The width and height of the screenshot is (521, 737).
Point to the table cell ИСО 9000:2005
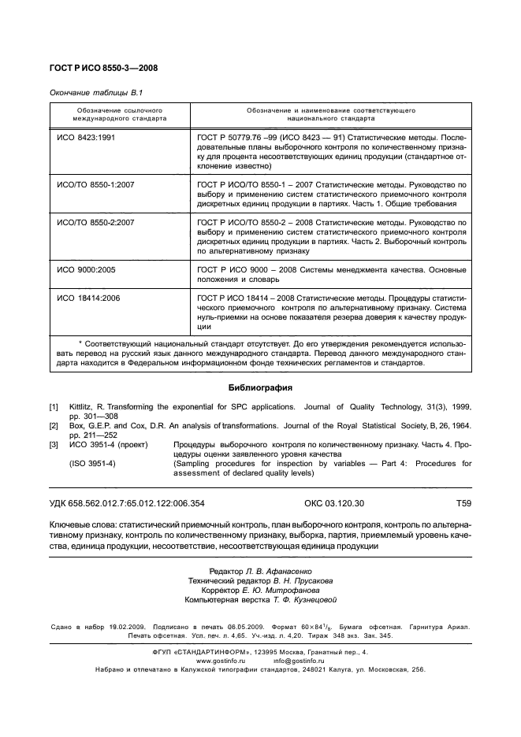click(87, 269)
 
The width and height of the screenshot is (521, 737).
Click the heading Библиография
click(260, 387)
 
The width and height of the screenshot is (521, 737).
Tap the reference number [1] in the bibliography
click(54, 407)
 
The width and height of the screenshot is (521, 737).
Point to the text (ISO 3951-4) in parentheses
click(91, 464)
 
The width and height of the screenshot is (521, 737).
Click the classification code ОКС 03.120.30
click(334, 502)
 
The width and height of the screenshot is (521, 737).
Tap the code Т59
click(463, 502)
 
